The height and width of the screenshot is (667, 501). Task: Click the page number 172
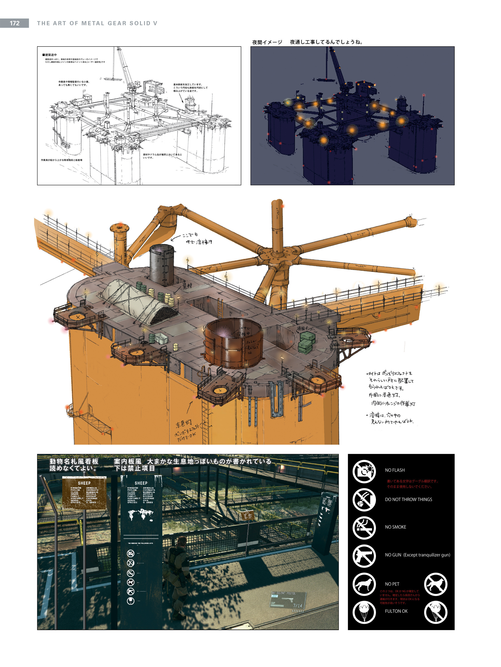pyautogui.click(x=14, y=23)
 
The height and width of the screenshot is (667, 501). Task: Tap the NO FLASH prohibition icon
pyautogui.click(x=364, y=471)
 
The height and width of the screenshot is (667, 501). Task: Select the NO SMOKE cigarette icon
pyautogui.click(x=364, y=528)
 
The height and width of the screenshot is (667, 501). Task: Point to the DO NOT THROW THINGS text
pyautogui.click(x=408, y=499)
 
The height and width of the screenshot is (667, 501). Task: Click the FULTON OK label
pyautogui.click(x=396, y=611)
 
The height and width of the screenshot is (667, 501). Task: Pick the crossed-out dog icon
pyautogui.click(x=435, y=584)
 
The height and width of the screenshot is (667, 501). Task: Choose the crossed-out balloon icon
pyautogui.click(x=435, y=612)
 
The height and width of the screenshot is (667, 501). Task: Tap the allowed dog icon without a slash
pyautogui.click(x=364, y=584)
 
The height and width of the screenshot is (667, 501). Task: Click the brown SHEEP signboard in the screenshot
pyautogui.click(x=84, y=493)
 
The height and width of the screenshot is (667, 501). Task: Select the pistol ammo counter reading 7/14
pyautogui.click(x=297, y=605)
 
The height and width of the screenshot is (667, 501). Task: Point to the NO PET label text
pyautogui.click(x=392, y=584)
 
